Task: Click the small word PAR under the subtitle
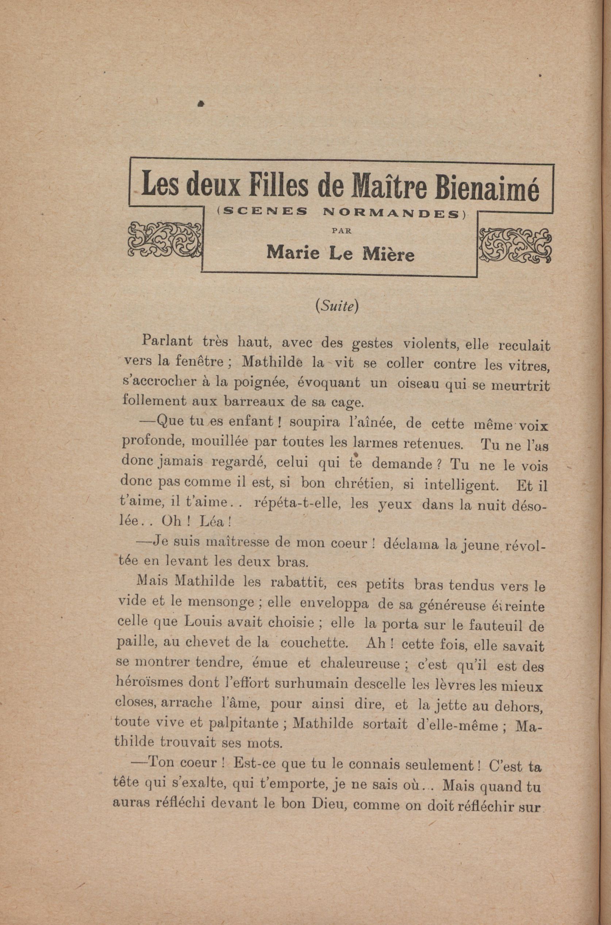(x=341, y=230)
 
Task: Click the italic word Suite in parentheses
(x=337, y=307)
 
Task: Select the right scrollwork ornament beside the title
(x=515, y=244)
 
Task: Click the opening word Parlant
(x=168, y=341)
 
